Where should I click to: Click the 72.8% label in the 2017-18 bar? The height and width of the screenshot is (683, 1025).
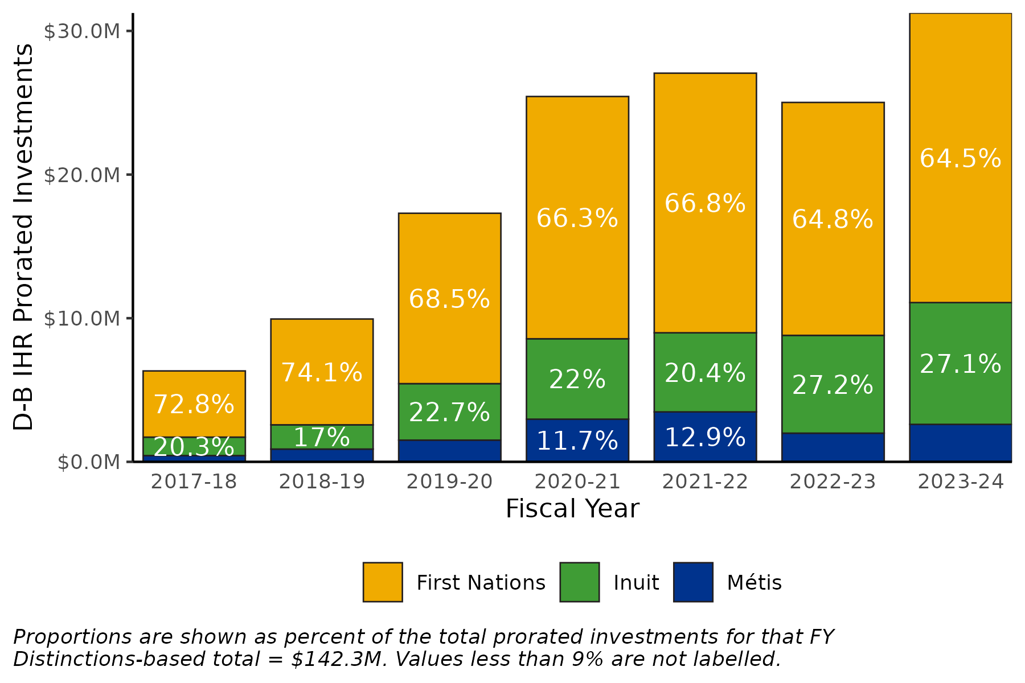point(194,405)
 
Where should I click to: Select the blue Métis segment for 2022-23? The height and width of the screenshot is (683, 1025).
point(833,447)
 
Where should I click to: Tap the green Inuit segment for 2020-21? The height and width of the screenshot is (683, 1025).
point(577,379)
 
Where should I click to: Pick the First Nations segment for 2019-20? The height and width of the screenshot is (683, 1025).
point(449,298)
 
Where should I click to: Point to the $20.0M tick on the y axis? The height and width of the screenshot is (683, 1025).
point(83,175)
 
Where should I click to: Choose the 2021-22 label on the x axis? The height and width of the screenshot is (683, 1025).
point(705,482)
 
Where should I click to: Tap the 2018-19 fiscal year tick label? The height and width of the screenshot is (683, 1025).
point(322,482)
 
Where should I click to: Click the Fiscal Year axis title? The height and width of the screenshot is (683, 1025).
point(572,509)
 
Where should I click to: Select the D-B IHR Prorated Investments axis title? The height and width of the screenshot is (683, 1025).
point(24,237)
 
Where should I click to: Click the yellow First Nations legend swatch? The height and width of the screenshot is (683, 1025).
point(383,582)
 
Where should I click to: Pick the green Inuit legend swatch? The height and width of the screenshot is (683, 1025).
point(579,582)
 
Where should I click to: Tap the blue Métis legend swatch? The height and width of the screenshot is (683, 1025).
point(693,582)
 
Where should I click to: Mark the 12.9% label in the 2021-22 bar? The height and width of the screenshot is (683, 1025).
point(705,438)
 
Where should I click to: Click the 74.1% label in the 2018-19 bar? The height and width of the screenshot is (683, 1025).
point(322,373)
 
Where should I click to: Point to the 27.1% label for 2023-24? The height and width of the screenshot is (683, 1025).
point(960,364)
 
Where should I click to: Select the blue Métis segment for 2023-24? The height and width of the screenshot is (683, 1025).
point(960,443)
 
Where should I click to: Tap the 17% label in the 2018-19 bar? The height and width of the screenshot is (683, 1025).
point(322,438)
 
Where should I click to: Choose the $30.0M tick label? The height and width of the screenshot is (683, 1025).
point(83,32)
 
